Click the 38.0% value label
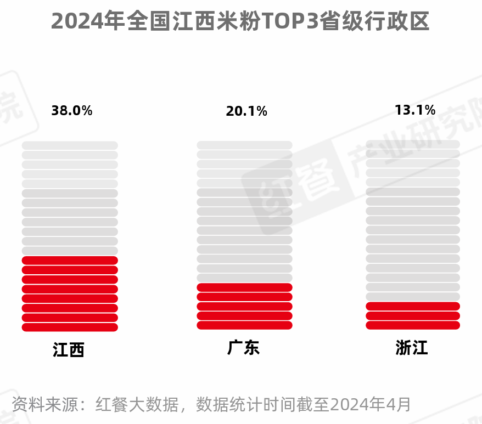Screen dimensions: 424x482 point(72,111)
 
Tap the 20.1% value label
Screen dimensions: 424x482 point(246,111)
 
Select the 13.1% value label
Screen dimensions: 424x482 point(415,110)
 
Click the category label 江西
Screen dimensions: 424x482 point(69,350)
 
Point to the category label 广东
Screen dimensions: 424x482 point(243,348)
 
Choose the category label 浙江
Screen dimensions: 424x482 point(411,348)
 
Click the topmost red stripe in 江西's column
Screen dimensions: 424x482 point(70,261)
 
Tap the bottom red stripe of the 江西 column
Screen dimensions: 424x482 point(70,327)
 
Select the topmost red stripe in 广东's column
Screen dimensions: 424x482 point(244,287)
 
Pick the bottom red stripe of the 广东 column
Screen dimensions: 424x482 point(244,325)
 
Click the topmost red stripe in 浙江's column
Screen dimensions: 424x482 point(413,306)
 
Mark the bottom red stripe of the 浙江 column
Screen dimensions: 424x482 point(413,325)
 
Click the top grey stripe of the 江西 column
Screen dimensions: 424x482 point(70,145)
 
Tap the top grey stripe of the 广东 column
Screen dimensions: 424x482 point(244,145)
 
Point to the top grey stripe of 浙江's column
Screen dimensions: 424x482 point(413,144)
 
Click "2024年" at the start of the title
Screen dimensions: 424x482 point(87,22)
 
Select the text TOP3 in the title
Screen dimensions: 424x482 point(289,22)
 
